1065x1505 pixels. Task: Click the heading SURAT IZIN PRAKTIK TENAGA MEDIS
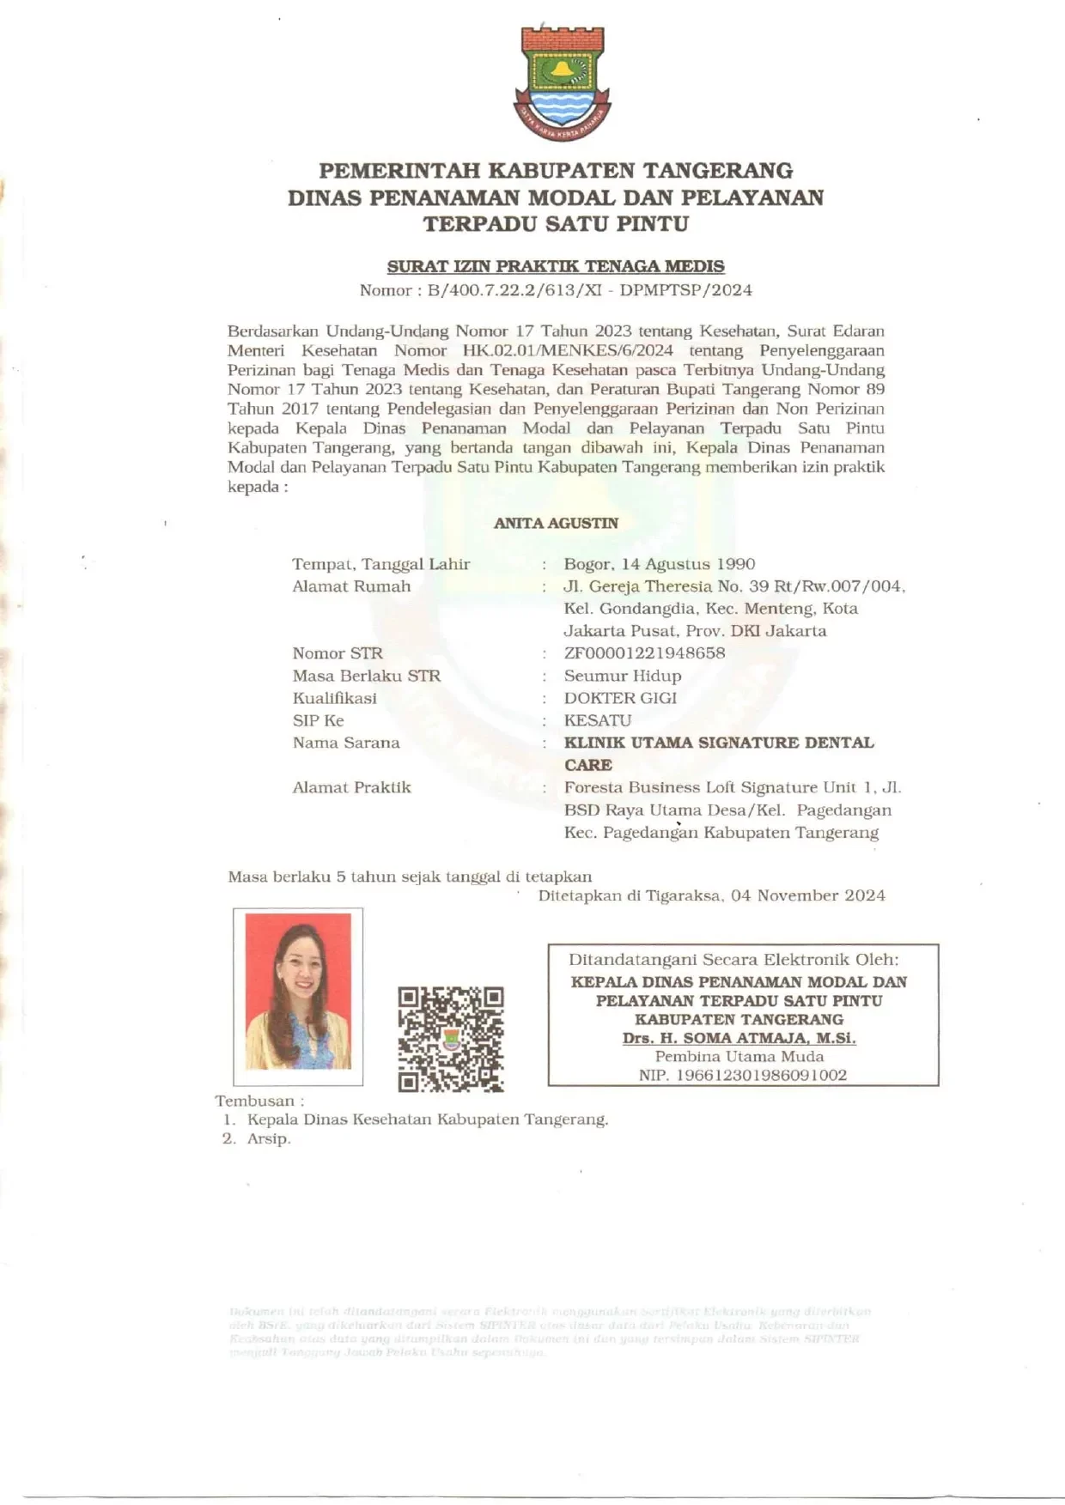click(556, 266)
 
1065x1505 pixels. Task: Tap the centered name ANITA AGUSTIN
click(556, 523)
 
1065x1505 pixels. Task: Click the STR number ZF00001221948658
click(644, 652)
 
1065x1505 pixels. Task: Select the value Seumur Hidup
click(622, 676)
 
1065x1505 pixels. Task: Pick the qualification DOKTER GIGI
click(620, 698)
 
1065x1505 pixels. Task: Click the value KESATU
click(597, 720)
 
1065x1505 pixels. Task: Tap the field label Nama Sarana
click(345, 743)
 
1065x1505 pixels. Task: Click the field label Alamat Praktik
click(351, 787)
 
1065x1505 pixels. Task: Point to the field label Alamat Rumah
click(351, 586)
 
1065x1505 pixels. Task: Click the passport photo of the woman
click(298, 994)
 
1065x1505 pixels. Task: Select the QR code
click(451, 1039)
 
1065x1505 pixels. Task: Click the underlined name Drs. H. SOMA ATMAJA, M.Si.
click(739, 1038)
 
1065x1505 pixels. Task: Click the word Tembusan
click(254, 1101)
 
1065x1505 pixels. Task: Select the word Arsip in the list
click(269, 1138)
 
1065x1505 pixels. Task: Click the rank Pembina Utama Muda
click(739, 1057)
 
